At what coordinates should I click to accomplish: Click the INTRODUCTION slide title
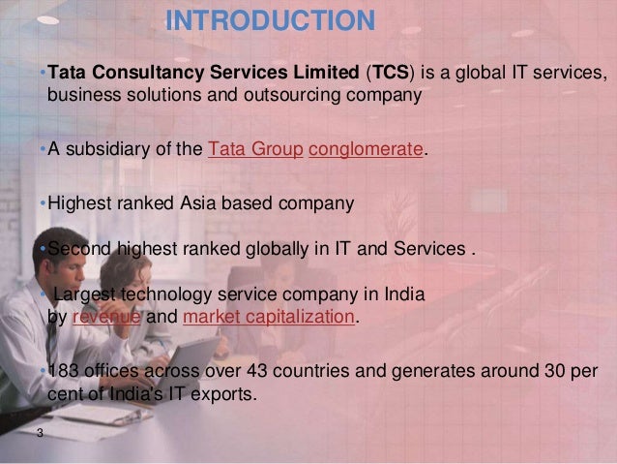pos(270,20)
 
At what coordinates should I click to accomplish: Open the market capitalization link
pos(268,315)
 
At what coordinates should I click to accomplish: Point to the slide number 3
pos(39,432)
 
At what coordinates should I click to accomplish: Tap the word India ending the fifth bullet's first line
pos(408,294)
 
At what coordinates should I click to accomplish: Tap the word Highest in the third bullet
pos(77,203)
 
